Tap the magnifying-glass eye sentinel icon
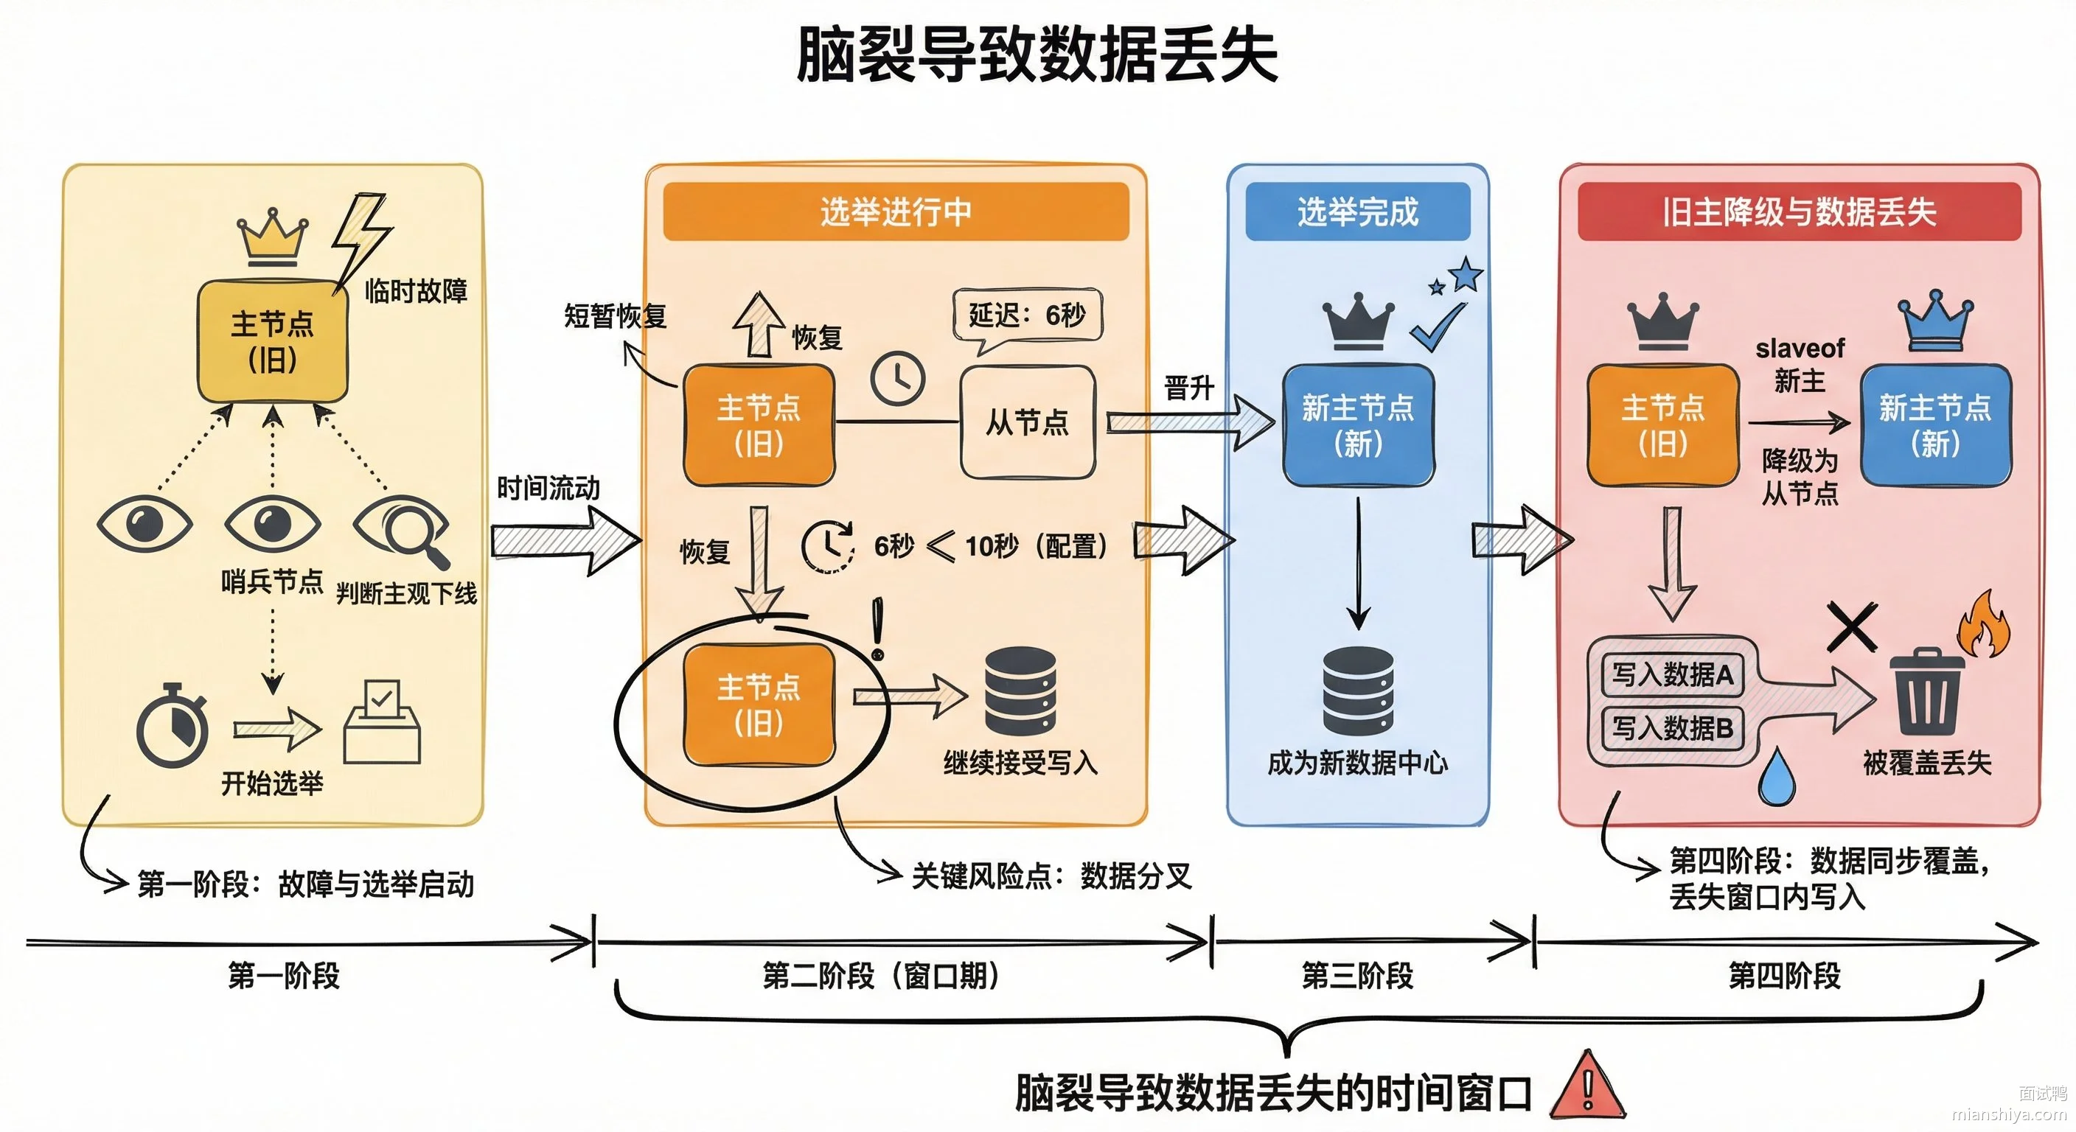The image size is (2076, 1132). pos(401,529)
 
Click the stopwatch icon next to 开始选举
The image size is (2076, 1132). pos(172,726)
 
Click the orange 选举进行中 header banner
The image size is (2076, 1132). pos(896,211)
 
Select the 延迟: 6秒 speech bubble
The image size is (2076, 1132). pos(1027,318)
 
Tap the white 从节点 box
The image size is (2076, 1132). pos(1028,422)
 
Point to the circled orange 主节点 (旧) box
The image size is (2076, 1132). pos(759,704)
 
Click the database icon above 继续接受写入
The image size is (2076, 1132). pos(1020,691)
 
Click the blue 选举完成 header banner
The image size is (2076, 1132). pos(1357,211)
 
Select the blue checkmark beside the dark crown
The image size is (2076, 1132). pos(1438,326)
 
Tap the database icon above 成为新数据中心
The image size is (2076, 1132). pos(1358,691)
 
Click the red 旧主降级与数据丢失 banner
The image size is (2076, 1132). pos(1799,211)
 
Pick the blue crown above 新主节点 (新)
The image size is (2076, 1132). pos(1935,320)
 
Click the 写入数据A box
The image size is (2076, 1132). pos(1671,674)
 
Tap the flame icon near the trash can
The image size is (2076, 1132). pos(1985,623)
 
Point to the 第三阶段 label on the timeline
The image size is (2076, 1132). pos(1357,976)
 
